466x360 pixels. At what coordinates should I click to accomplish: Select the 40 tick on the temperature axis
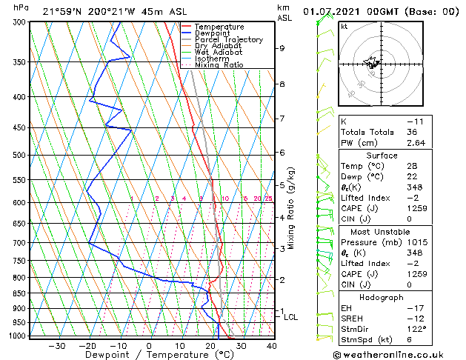[x=271, y=345]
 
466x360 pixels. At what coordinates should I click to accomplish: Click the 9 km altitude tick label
[x=282, y=48]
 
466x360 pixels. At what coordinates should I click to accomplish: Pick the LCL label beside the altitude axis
[x=291, y=317]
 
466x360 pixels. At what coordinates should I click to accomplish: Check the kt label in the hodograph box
[x=344, y=26]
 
